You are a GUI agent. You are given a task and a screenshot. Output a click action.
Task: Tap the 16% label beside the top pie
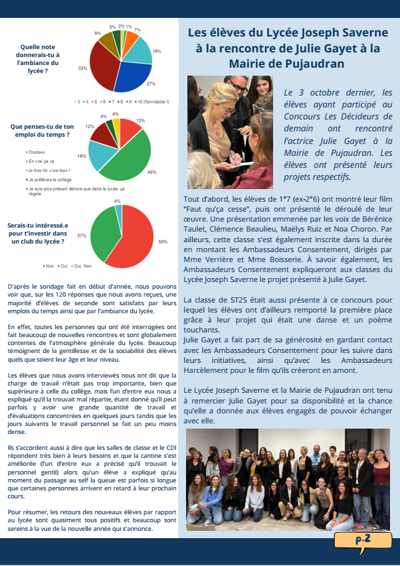point(157,51)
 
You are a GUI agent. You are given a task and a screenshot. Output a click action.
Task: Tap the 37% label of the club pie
point(82,236)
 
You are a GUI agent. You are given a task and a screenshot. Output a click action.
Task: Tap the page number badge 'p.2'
point(363,540)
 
